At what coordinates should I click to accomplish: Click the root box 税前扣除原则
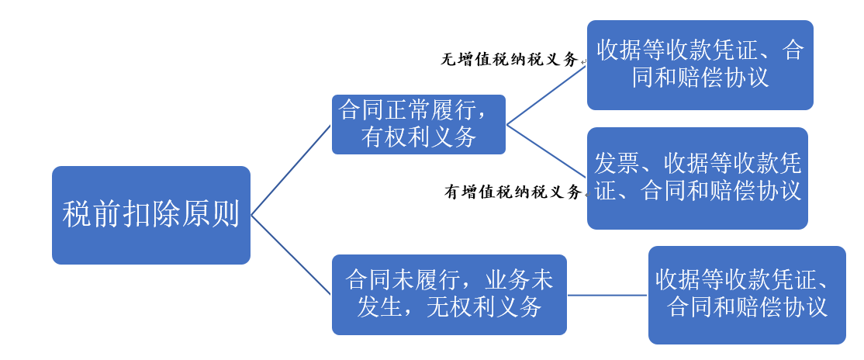(151, 215)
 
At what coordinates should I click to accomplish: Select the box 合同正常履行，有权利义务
(419, 124)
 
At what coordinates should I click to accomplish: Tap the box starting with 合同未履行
(449, 294)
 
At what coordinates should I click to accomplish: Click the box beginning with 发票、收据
(697, 178)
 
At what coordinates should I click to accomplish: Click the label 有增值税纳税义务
(513, 192)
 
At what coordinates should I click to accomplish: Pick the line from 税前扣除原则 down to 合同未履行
(291, 254)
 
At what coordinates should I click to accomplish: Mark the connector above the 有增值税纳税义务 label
(547, 151)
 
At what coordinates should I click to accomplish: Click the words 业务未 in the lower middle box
(519, 281)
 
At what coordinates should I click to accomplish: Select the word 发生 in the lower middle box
(380, 307)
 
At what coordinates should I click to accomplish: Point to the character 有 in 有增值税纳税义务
(452, 192)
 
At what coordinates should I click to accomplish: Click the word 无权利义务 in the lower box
(484, 307)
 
